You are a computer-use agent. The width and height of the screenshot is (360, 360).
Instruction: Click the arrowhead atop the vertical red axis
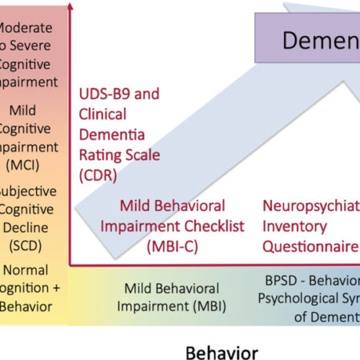point(70,7)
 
